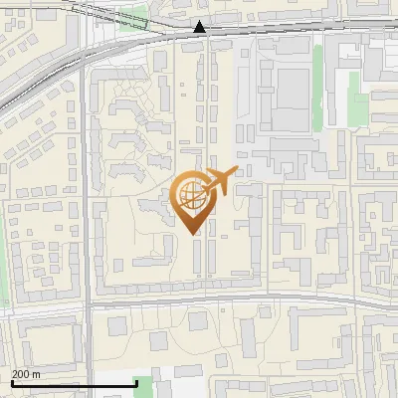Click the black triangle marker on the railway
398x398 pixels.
200,27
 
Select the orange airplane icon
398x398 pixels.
220,182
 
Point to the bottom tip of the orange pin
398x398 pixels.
194,233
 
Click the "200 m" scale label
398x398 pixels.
27,374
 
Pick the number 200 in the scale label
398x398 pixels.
21,374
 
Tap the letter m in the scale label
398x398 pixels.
37,374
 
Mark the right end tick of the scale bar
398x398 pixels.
136,381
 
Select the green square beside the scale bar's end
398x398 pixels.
145,387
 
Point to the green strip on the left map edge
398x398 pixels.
3,269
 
